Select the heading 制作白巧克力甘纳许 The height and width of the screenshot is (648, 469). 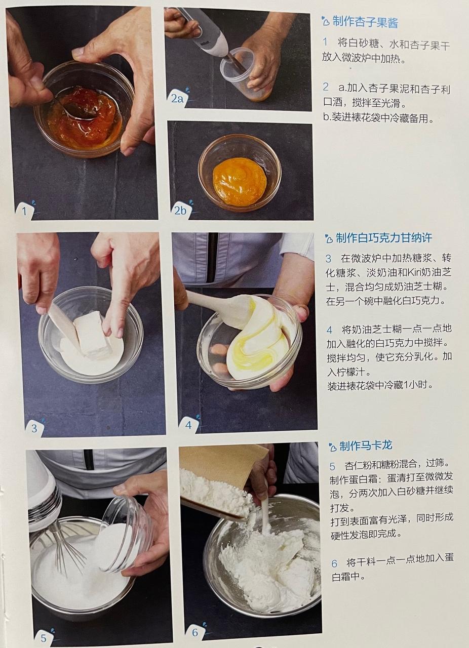[x=383, y=238]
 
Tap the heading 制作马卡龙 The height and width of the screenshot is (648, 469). [x=366, y=446]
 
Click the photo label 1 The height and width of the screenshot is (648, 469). [x=24, y=211]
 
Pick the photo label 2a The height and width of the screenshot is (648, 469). [x=177, y=98]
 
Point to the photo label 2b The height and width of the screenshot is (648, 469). [x=180, y=211]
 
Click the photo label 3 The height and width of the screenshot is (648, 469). [x=34, y=428]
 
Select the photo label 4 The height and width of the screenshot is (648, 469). [x=188, y=425]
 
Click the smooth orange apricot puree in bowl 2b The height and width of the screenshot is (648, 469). [x=239, y=181]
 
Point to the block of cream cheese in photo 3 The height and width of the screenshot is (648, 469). [x=92, y=335]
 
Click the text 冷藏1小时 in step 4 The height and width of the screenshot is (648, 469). [x=408, y=385]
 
